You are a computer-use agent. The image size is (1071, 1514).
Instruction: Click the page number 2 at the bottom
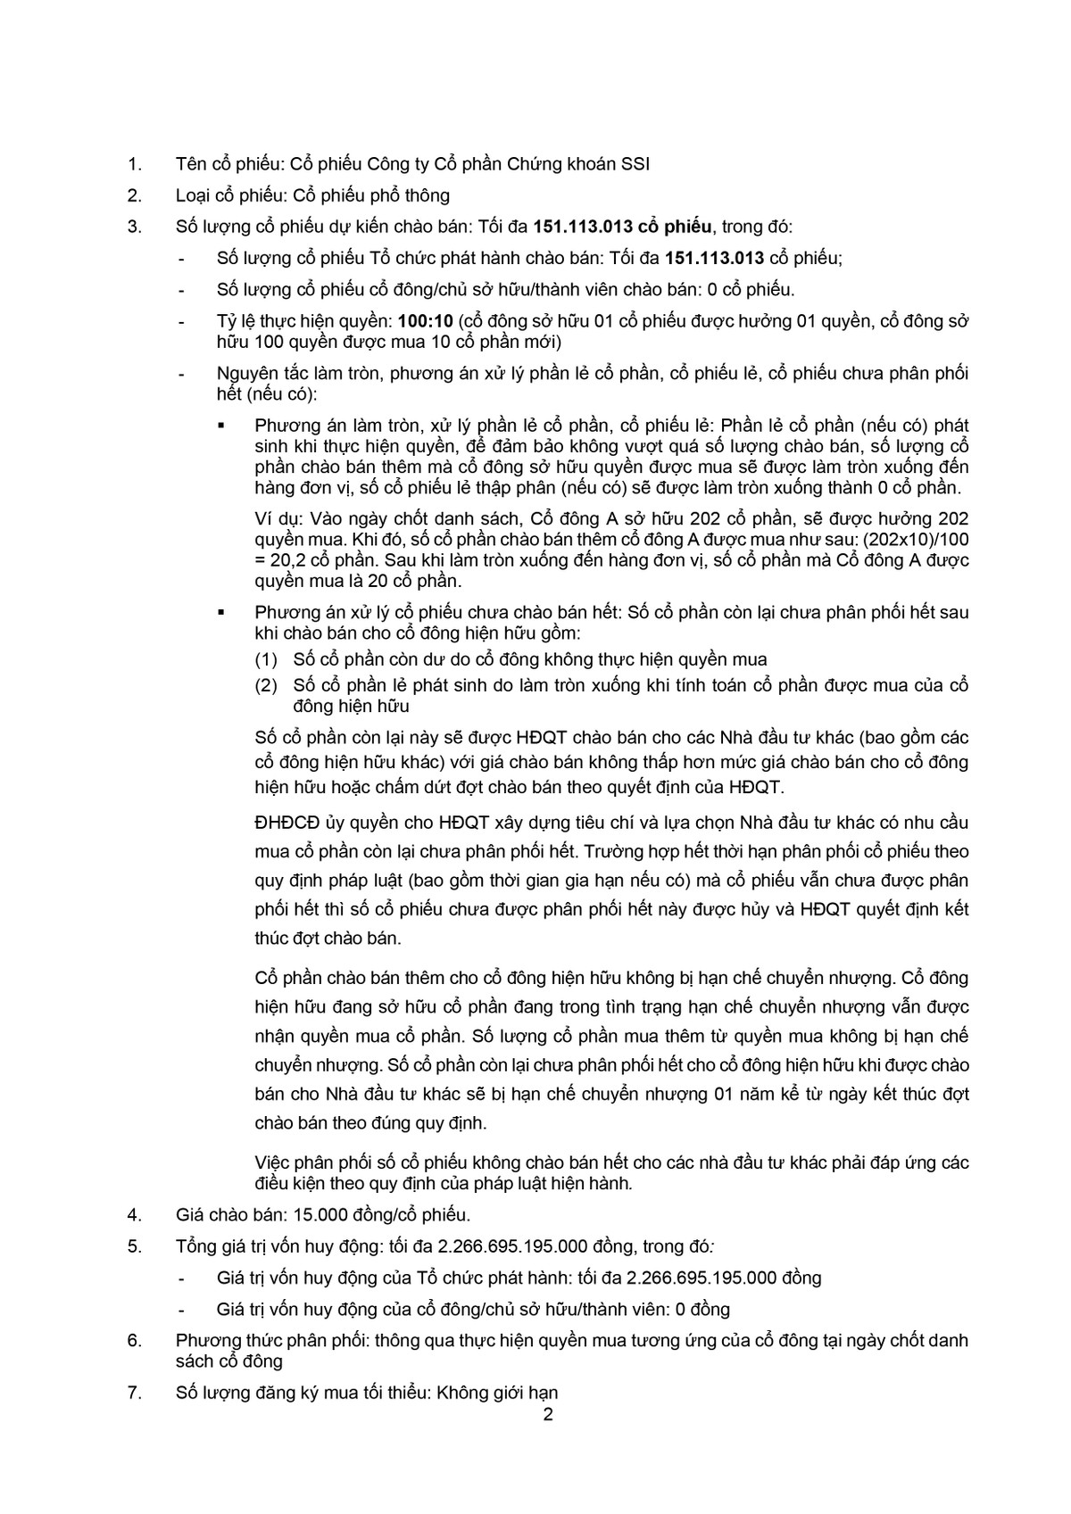coord(548,1415)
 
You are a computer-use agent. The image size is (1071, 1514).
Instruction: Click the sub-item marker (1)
coord(266,660)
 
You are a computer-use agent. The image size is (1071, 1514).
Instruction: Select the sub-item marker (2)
coord(266,686)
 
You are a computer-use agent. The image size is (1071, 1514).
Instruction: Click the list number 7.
coord(135,1393)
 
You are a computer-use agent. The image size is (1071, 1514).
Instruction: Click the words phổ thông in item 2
coord(409,195)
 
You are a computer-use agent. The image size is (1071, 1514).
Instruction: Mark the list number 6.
coord(135,1340)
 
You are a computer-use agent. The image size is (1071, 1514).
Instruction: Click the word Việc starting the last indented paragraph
coord(273,1162)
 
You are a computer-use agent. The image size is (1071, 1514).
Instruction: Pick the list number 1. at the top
coord(135,164)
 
